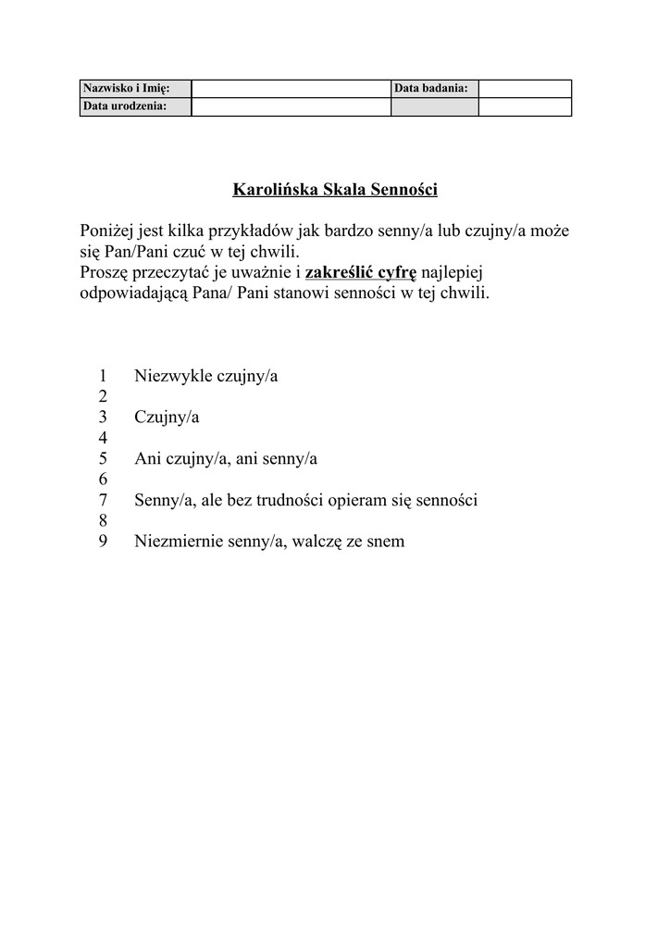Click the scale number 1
(102, 376)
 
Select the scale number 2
(102, 396)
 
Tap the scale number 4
(102, 438)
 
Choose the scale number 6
(102, 480)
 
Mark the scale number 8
(102, 521)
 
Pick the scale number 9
(102, 542)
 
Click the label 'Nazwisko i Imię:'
(126, 89)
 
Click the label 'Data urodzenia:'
(125, 106)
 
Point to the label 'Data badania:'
(431, 89)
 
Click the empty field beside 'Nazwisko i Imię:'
(291, 89)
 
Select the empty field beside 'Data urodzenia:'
(291, 106)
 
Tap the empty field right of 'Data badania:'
(525, 89)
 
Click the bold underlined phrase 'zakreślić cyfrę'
(361, 273)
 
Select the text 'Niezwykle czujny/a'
(206, 376)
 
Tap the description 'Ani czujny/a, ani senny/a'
(226, 459)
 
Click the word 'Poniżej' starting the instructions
(108, 230)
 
